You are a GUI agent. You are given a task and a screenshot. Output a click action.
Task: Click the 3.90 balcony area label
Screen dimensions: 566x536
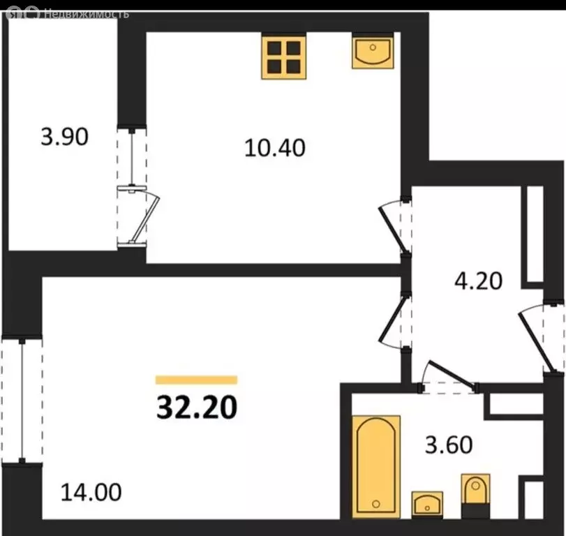click(65, 137)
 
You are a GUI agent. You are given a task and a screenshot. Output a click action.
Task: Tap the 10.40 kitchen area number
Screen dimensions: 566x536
click(275, 148)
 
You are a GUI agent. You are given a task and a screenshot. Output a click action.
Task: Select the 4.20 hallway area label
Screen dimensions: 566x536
click(478, 281)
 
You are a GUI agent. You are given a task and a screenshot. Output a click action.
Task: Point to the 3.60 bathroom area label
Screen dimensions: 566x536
click(449, 445)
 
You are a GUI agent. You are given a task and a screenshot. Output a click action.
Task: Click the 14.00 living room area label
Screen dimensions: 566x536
click(91, 492)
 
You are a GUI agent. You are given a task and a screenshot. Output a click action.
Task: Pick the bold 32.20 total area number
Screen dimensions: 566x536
click(197, 407)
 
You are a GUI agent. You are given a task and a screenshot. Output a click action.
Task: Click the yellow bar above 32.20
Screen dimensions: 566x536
click(196, 380)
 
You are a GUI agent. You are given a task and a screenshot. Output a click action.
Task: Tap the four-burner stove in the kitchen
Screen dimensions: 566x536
click(284, 57)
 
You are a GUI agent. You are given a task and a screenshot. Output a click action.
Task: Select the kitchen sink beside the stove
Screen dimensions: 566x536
click(373, 51)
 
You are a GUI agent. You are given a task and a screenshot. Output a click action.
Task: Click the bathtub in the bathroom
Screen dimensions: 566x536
click(375, 466)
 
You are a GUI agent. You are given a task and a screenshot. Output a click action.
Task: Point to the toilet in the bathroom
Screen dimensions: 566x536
click(475, 496)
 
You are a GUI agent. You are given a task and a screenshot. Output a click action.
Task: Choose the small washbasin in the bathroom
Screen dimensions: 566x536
click(427, 505)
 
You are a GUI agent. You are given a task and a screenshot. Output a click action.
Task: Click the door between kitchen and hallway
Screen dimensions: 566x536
click(394, 227)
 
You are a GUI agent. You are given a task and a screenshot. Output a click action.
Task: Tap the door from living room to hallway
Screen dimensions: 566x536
click(394, 322)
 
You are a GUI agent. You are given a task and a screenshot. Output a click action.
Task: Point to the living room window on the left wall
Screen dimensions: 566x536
click(22, 401)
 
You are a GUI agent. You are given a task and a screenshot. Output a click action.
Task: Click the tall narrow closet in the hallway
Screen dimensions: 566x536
click(535, 234)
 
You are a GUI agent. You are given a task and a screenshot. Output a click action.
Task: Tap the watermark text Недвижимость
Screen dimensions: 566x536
click(87, 14)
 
